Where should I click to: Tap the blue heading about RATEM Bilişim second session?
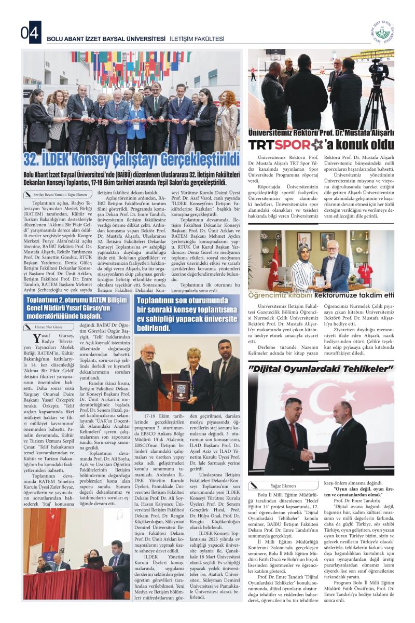point(76,307)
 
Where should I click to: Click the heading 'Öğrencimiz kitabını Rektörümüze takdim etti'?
point(321,295)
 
